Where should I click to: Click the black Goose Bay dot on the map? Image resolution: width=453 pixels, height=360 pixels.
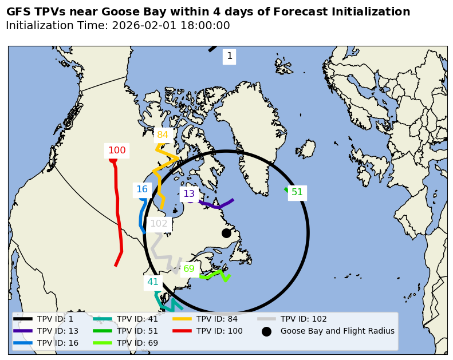(226, 233)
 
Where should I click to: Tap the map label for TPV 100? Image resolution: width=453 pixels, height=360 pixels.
(117, 151)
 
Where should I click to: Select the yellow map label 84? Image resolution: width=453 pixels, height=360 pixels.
(163, 135)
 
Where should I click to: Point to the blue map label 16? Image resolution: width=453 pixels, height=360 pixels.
(142, 189)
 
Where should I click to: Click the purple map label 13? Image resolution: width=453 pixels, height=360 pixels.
(189, 194)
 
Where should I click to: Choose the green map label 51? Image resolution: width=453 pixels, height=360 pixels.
(297, 192)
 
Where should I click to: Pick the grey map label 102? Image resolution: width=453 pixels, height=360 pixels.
(159, 224)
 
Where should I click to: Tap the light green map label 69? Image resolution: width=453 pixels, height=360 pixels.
(189, 269)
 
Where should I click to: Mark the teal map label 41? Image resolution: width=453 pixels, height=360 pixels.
(153, 282)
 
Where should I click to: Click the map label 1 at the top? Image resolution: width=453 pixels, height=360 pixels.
(230, 56)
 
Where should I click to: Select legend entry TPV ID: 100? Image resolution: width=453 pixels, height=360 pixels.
(219, 331)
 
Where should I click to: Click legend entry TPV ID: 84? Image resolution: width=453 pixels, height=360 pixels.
(217, 319)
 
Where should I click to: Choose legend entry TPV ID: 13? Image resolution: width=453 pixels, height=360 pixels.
(58, 331)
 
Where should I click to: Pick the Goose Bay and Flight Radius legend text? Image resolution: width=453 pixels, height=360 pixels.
(337, 331)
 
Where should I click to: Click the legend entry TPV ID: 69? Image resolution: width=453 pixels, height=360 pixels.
(137, 343)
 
